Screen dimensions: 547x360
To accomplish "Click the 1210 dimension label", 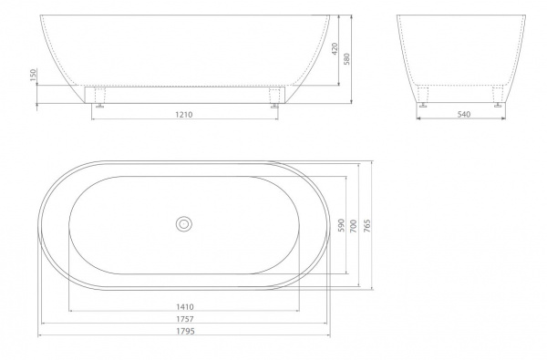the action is [184, 115].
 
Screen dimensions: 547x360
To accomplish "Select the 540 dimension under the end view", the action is [464, 114].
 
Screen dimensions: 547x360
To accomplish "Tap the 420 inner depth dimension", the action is [335, 49].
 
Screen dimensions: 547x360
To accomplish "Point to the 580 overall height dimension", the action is [346, 59].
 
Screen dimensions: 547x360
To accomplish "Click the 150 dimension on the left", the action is [33, 75].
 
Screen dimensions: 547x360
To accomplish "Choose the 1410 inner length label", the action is [185, 306].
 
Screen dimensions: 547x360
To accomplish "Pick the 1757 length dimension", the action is [185, 319].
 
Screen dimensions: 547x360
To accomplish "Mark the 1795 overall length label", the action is [185, 331].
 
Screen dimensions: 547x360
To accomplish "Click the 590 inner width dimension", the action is [341, 225].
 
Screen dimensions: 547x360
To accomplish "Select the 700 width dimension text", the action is [354, 226].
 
